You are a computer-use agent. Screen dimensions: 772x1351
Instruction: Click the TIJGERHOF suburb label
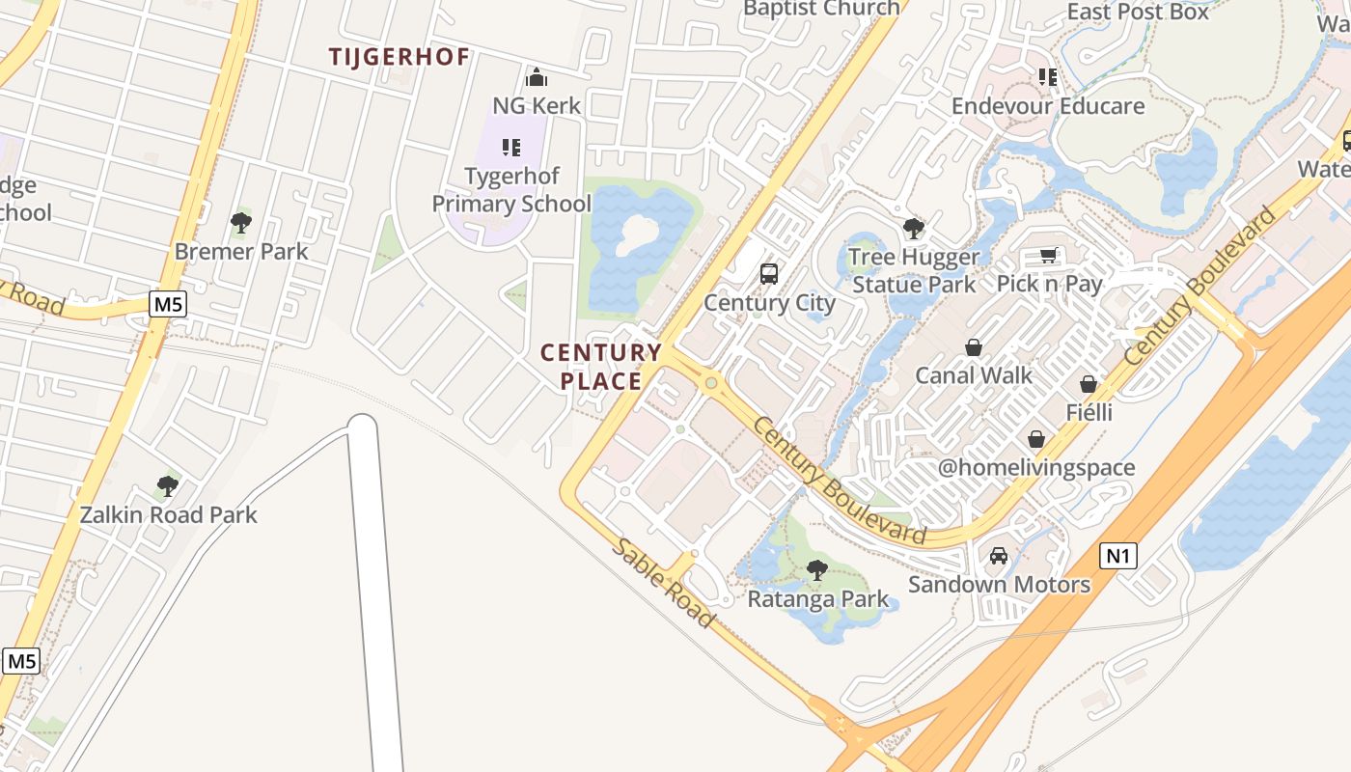point(399,57)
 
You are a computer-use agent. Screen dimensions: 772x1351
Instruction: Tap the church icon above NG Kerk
point(537,77)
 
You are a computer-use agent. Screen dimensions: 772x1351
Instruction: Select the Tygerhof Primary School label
point(511,190)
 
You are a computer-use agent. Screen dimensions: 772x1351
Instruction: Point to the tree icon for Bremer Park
point(241,223)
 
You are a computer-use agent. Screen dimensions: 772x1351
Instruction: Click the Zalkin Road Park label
point(168,514)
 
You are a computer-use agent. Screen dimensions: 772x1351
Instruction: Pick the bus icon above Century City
point(769,273)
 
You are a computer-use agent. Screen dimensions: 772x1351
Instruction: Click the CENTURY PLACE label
point(601,367)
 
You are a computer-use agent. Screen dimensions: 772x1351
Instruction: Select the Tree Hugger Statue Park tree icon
point(913,229)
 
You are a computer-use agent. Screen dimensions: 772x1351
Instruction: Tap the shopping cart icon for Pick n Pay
point(1049,256)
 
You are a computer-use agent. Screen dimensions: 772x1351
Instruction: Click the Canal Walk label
point(974,375)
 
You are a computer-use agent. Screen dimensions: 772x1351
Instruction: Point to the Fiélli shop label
point(1089,413)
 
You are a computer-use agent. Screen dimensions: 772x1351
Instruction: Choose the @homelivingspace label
point(1036,468)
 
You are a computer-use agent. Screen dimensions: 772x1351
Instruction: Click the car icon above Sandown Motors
point(999,556)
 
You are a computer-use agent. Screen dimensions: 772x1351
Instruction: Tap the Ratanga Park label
point(818,599)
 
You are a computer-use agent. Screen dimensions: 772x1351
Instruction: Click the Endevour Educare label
point(1048,106)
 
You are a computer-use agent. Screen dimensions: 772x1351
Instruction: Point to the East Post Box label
point(1138,13)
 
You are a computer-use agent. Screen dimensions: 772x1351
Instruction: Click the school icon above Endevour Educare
point(1048,77)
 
